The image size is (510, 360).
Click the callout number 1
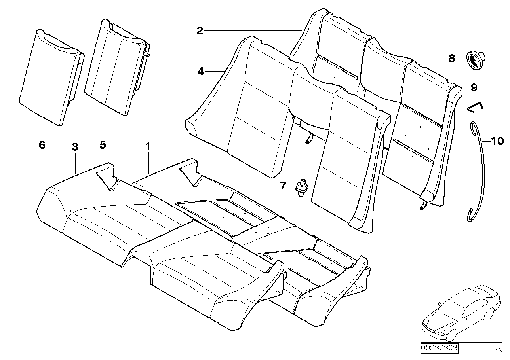point(147,147)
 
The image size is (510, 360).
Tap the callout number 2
point(200,31)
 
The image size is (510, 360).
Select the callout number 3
point(75,147)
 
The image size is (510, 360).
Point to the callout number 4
point(200,72)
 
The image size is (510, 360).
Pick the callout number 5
point(103,145)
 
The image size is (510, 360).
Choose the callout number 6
point(42,145)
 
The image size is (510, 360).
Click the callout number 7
point(282,186)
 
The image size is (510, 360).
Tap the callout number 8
point(451,59)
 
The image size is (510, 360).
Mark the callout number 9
point(474,87)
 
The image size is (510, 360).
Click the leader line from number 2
point(253,31)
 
